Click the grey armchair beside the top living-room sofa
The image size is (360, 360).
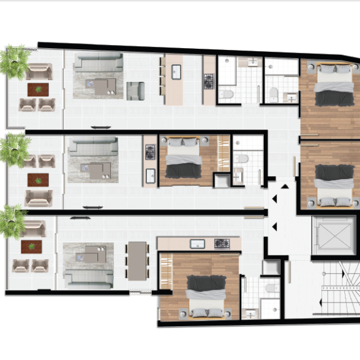tap(135, 91)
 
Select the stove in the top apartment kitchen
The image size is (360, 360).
tap(209, 81)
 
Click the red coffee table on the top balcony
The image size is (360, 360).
tap(38, 89)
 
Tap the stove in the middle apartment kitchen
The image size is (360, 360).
tap(150, 152)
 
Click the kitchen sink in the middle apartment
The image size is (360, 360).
tap(150, 176)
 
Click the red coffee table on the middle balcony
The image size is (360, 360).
tap(38, 180)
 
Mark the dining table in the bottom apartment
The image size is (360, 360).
tap(136, 260)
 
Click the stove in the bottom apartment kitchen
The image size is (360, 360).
tap(222, 243)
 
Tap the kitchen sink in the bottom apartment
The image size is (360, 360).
tap(197, 243)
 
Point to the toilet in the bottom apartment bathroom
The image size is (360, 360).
tap(270, 288)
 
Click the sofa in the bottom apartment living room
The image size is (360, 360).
tap(89, 278)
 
